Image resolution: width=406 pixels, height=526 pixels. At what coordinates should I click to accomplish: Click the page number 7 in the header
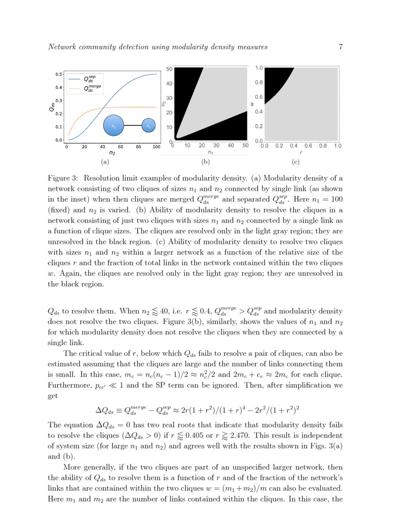click(x=341, y=47)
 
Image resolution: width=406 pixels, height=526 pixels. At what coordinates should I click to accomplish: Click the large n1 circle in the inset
click(x=114, y=126)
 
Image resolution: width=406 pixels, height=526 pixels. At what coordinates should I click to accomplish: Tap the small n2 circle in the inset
click(x=149, y=126)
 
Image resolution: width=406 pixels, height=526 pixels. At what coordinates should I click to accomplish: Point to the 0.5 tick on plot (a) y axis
click(x=59, y=74)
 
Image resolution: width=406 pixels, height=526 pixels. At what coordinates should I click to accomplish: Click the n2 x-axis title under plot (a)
click(x=112, y=153)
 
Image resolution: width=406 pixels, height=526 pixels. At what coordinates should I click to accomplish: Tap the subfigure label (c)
click(x=295, y=162)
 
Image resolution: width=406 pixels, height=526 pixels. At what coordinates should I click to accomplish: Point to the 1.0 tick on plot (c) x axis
click(x=337, y=146)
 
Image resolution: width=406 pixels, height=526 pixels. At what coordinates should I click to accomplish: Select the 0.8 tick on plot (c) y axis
click(x=258, y=82)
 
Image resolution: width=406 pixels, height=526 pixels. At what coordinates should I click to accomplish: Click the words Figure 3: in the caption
click(x=64, y=178)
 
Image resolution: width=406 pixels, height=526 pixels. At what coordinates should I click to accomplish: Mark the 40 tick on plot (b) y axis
click(x=169, y=83)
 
